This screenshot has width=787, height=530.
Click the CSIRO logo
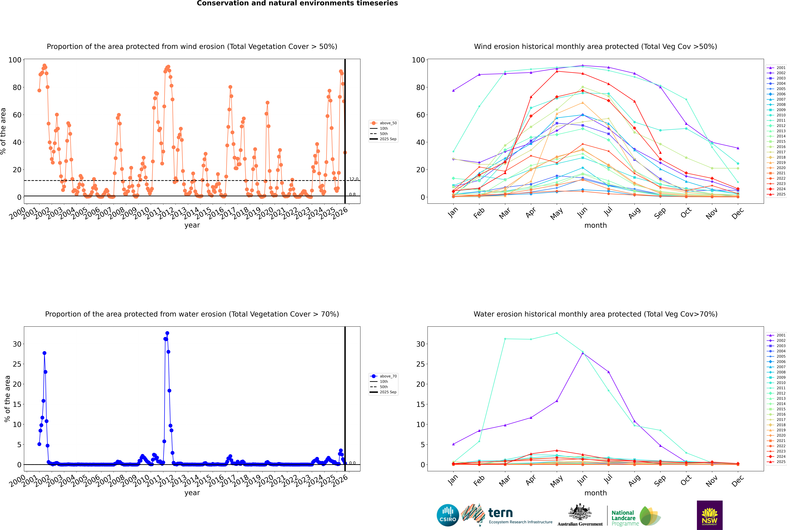click(x=448, y=515)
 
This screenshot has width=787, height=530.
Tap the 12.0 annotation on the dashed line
click(x=354, y=179)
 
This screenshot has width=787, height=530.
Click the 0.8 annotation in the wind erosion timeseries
click(x=352, y=194)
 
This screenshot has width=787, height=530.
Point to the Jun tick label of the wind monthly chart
click(x=582, y=212)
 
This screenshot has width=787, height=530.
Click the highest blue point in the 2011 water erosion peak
click(x=167, y=333)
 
